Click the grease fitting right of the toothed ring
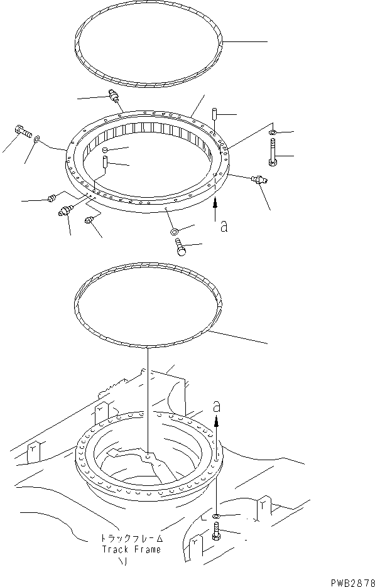258,181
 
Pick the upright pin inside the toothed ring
106,164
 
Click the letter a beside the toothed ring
224,226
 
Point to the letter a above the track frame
217,407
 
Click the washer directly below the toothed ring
174,232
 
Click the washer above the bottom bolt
217,516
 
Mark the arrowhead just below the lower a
217,423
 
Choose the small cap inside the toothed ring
106,150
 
